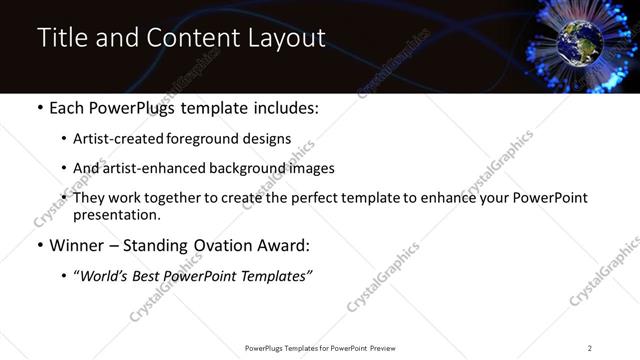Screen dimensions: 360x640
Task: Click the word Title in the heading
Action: coord(63,39)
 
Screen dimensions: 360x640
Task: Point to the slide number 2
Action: coord(589,347)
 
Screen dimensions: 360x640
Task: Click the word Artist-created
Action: coord(113,138)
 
